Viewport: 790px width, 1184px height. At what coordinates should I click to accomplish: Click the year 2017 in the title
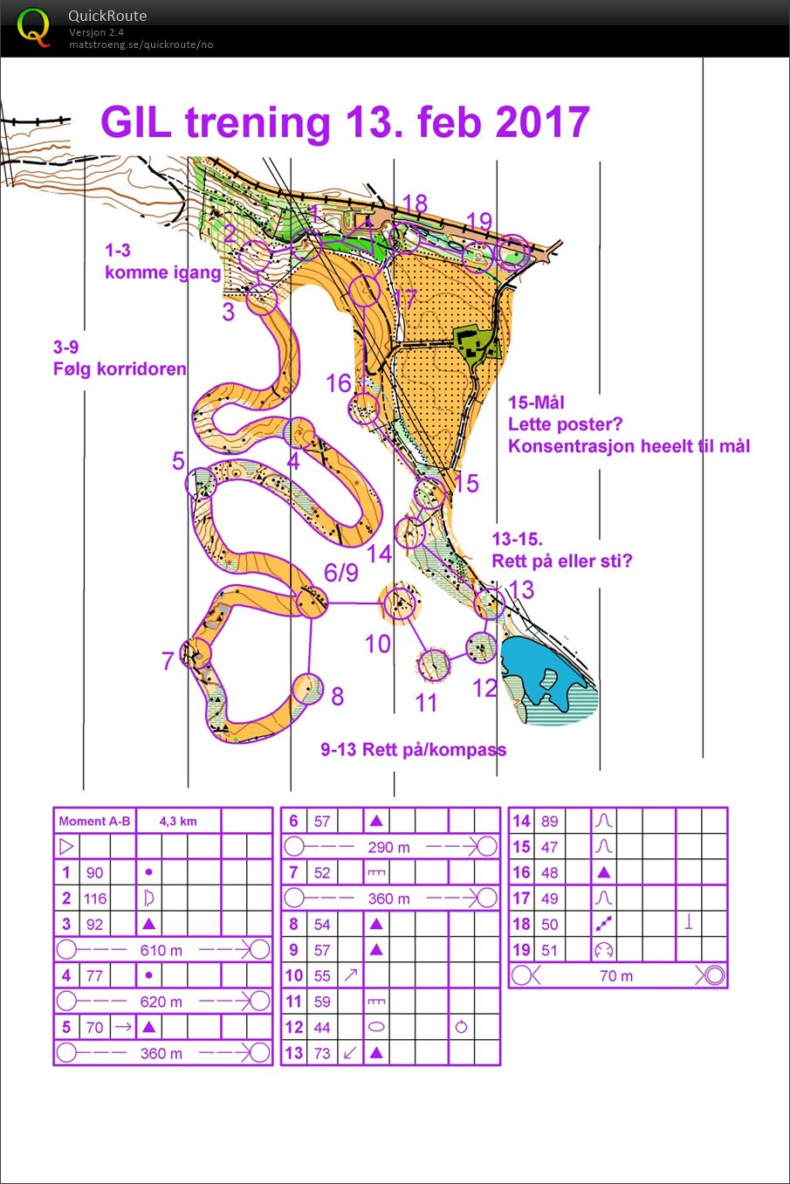[x=542, y=122]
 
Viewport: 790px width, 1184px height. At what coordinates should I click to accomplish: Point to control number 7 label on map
[x=168, y=661]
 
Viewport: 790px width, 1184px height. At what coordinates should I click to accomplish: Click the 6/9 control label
[x=340, y=573]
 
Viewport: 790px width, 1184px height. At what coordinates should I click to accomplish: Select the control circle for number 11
[x=433, y=664]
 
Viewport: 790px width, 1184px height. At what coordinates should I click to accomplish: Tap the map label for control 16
[x=338, y=383]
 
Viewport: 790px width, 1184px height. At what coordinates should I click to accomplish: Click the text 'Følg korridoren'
[x=120, y=369]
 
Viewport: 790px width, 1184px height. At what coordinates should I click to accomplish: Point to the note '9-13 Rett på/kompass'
[x=413, y=749]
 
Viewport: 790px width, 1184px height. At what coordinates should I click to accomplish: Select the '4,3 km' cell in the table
[x=178, y=822]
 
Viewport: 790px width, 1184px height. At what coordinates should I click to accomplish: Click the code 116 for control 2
[x=95, y=898]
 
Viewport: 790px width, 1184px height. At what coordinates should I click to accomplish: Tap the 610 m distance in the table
[x=161, y=950]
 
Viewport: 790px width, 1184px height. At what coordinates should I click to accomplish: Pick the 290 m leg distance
[x=389, y=847]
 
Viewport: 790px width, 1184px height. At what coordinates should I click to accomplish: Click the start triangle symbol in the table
[x=66, y=847]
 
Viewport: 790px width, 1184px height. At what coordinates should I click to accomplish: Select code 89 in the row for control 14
[x=550, y=822]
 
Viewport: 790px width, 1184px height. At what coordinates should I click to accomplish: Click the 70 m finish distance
[x=616, y=975]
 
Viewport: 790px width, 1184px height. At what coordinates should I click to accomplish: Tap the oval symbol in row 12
[x=375, y=1027]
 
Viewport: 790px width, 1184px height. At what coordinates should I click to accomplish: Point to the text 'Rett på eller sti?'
[x=561, y=561]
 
